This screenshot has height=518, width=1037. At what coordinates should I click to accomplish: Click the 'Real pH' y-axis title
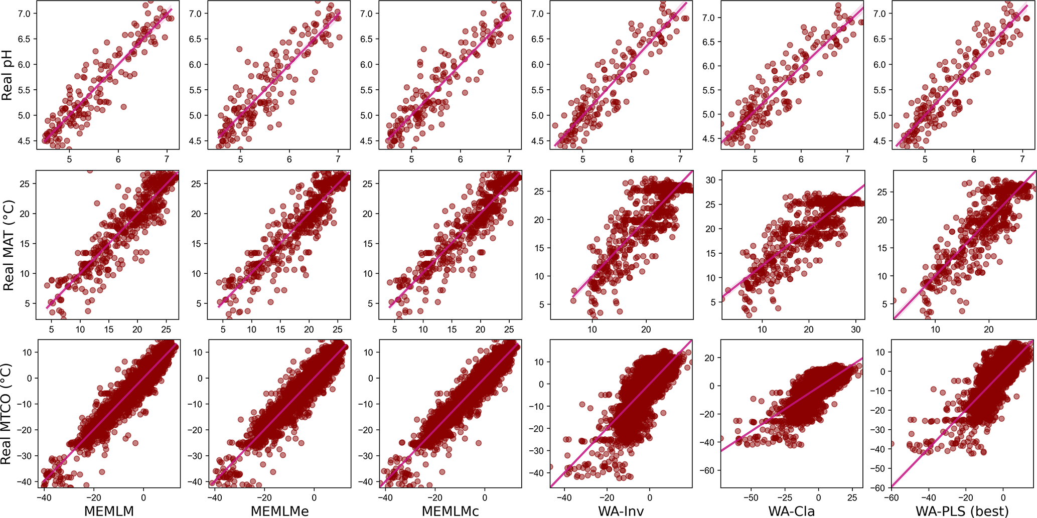tap(7, 75)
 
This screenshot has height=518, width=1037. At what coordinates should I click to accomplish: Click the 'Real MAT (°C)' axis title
tap(8, 245)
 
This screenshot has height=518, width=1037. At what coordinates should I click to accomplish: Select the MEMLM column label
tap(109, 510)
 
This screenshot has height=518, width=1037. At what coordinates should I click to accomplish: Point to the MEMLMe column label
tap(280, 510)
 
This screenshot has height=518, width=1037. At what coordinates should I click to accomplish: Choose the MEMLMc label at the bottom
tap(450, 510)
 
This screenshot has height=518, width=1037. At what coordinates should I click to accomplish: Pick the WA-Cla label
tap(791, 510)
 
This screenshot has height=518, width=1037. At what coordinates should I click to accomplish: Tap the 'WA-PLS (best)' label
tap(962, 510)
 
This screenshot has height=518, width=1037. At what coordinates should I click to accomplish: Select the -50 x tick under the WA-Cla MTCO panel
tap(751, 497)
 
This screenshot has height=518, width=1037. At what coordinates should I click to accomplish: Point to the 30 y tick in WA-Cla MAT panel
tap(710, 180)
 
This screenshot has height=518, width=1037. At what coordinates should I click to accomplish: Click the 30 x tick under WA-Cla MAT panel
tap(856, 329)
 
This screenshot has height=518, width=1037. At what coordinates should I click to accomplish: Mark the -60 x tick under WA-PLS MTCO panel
tap(892, 497)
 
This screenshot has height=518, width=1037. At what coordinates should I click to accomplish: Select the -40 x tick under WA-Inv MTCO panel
tap(564, 497)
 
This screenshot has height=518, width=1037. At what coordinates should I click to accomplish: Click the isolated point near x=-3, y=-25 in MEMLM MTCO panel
tap(135, 443)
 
